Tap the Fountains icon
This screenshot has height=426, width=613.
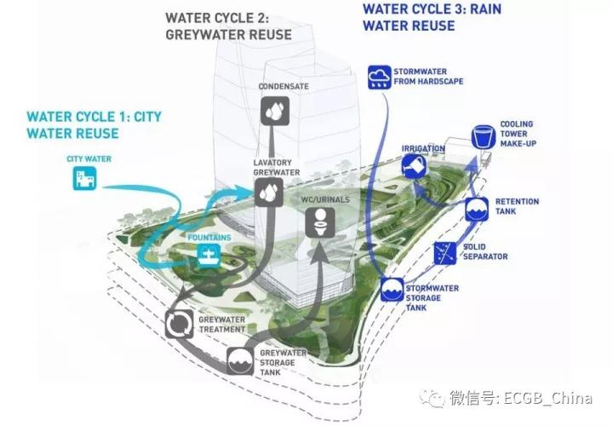click(209, 256)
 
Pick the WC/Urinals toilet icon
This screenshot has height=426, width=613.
click(318, 226)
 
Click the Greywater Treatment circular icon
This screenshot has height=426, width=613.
click(180, 323)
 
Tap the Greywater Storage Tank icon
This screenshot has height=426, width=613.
click(241, 359)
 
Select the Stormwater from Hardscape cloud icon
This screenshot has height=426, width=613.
click(379, 78)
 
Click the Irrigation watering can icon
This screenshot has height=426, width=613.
click(416, 165)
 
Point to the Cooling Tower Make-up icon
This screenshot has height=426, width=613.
click(483, 137)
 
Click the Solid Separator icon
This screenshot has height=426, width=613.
click(444, 251)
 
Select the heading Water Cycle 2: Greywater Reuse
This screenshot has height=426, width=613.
click(227, 26)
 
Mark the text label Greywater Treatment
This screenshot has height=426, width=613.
click(222, 325)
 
